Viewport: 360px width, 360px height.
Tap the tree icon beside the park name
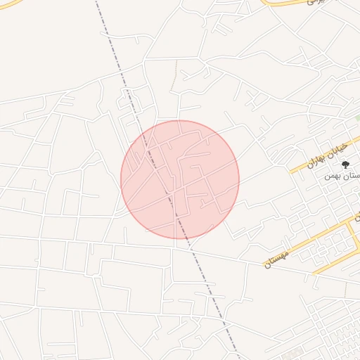pyautogui.click(x=345, y=165)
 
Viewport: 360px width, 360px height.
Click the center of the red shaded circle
pyautogui.click(x=180, y=179)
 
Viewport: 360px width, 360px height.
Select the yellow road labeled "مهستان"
pyautogui.click(x=309, y=243)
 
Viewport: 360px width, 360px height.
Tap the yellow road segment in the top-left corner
pyautogui.click(x=8, y=6)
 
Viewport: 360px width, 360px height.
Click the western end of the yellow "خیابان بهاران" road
pyautogui.click(x=291, y=172)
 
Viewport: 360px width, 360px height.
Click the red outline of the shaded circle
pyautogui.click(x=239, y=179)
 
